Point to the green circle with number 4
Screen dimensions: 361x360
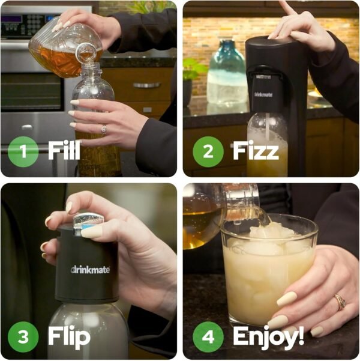coord(208,336)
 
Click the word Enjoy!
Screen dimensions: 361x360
coord(268,336)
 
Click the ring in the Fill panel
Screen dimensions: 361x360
coord(104,129)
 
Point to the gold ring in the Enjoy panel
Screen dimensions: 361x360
coord(340,301)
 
